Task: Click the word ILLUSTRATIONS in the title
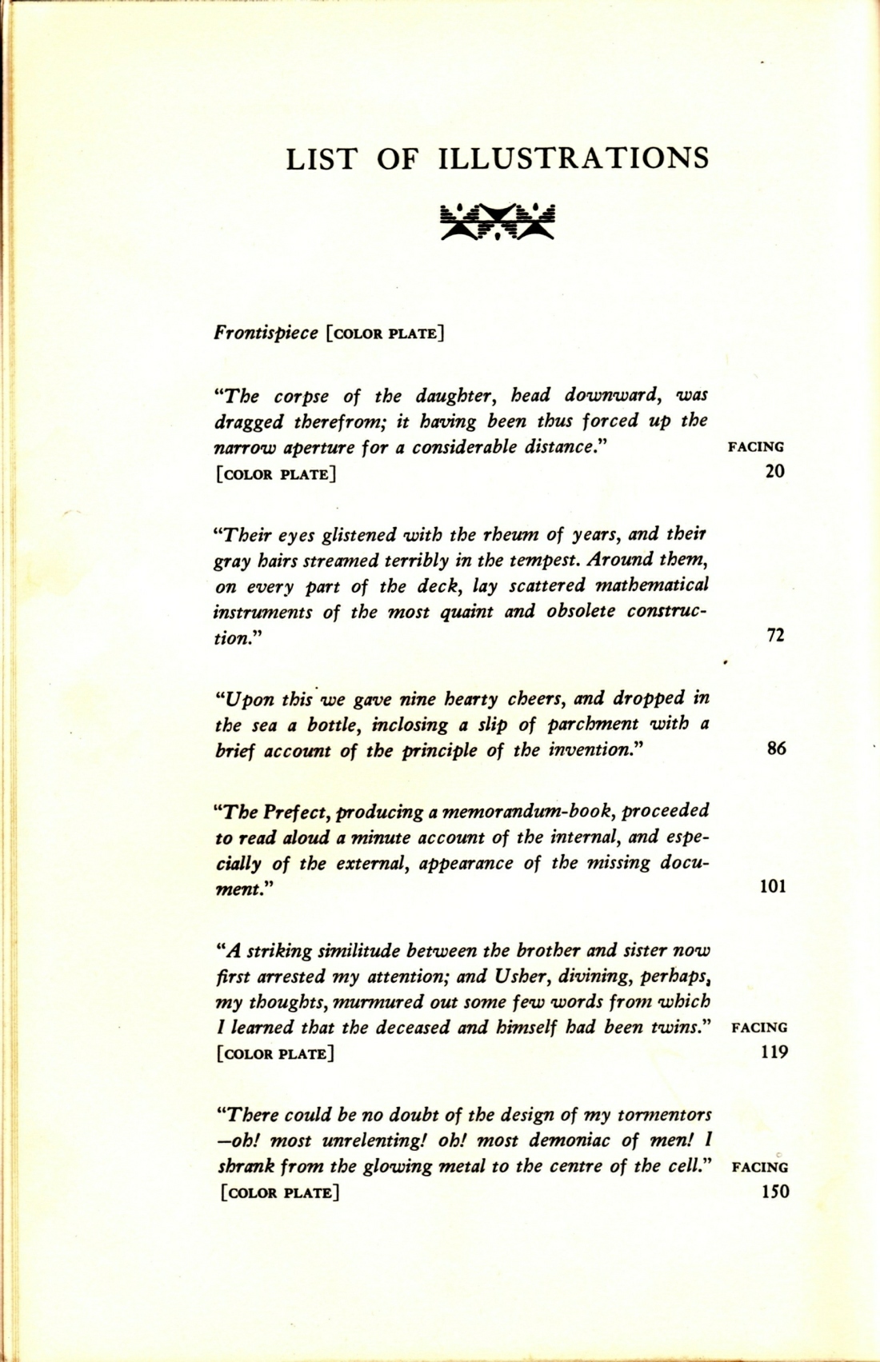(x=574, y=158)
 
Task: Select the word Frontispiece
(x=266, y=332)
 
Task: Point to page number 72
(x=775, y=636)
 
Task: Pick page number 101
(x=772, y=886)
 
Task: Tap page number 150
(x=775, y=1192)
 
